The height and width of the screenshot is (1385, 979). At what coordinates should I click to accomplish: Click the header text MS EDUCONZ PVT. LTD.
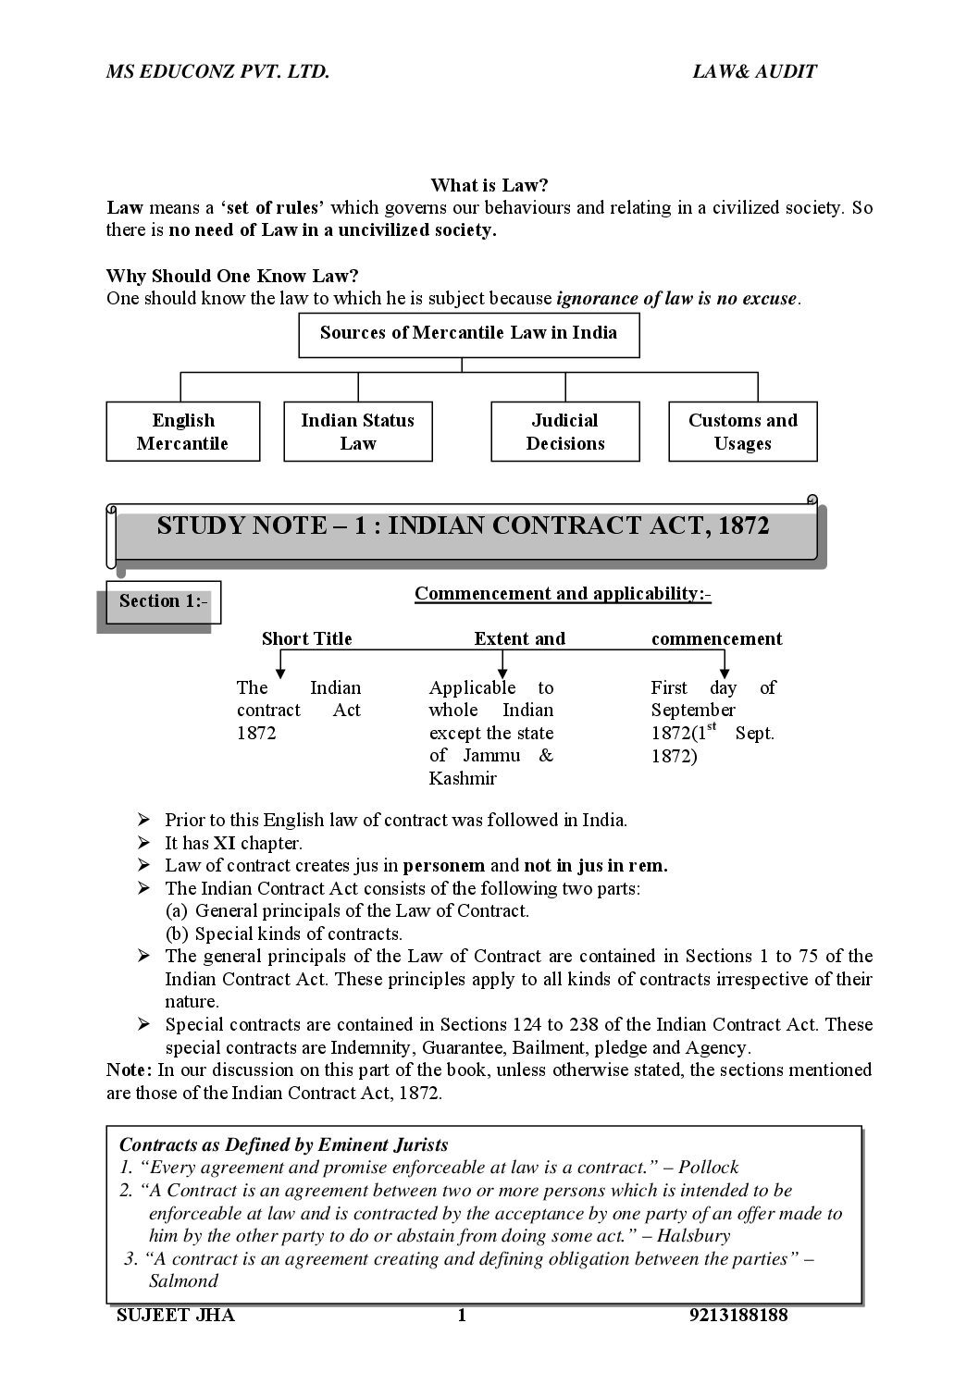[x=217, y=71]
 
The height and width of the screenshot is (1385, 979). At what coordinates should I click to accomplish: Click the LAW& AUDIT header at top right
[x=754, y=71]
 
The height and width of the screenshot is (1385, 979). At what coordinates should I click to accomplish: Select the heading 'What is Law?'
[x=489, y=185]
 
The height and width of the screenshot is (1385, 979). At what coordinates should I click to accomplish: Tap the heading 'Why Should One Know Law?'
[x=232, y=276]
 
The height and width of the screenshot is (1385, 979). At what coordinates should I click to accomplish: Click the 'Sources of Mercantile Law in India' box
[x=468, y=334]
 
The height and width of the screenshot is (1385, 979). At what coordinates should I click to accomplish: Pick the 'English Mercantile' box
[x=183, y=431]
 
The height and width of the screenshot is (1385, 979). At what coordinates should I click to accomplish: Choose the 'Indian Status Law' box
[x=358, y=431]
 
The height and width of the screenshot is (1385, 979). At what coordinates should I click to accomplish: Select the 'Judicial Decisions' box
[x=564, y=431]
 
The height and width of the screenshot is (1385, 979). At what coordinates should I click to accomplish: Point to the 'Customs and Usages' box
[x=742, y=431]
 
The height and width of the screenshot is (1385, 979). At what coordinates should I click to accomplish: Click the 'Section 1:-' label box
[x=163, y=601]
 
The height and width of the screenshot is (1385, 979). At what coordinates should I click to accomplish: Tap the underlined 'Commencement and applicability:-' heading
[x=563, y=593]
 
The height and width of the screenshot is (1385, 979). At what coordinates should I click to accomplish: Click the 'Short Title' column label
[x=306, y=638]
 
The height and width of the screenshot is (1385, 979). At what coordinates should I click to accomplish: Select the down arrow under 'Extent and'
[x=501, y=663]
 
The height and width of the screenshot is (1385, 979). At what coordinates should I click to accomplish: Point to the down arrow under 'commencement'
[x=724, y=663]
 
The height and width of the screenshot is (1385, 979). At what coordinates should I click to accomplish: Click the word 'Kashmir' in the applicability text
[x=463, y=778]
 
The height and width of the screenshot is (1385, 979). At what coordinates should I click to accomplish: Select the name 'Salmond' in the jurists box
[x=183, y=1281]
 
